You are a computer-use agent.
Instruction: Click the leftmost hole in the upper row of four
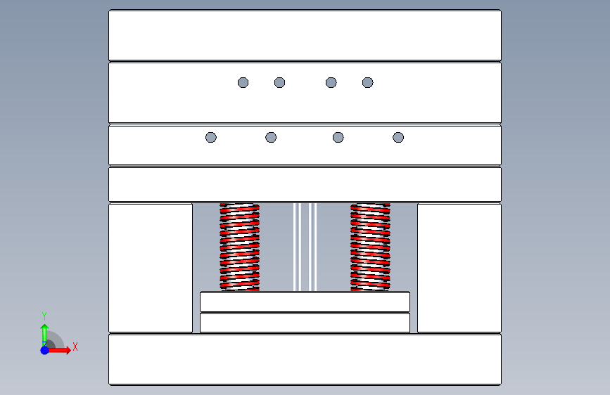pos(243,82)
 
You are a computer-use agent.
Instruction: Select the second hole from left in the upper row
pos(280,82)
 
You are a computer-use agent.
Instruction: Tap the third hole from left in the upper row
pos(331,82)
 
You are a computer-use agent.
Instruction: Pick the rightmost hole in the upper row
pos(368,82)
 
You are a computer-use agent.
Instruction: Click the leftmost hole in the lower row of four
pos(211,137)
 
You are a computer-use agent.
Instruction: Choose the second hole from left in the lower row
pos(271,137)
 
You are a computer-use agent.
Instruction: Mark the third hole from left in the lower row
pos(338,137)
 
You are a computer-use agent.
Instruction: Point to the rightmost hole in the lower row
pos(398,137)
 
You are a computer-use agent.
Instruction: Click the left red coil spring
pos(240,247)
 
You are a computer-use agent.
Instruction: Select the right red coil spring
pos(370,247)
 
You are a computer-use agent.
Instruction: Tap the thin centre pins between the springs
pos(305,247)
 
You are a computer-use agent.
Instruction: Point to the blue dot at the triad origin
pos(45,350)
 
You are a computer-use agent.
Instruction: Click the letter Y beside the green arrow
pos(44,316)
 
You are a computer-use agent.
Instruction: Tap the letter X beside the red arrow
pos(75,347)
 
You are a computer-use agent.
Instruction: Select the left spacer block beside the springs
pos(151,268)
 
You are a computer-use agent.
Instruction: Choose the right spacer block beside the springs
pos(459,268)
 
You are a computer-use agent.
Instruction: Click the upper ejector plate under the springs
pos(305,302)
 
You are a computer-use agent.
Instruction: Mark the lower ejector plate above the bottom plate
pos(305,323)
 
